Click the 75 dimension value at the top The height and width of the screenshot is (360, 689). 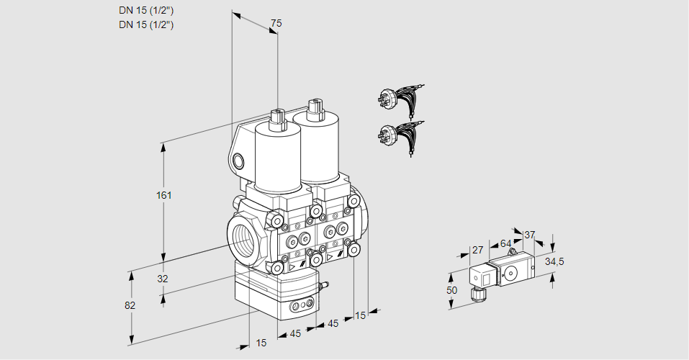click(x=275, y=24)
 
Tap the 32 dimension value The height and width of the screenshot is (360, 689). click(x=162, y=279)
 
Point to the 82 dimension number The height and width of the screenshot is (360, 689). click(x=130, y=305)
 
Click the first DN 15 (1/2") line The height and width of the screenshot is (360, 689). click(x=147, y=10)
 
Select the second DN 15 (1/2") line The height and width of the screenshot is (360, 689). click(x=147, y=24)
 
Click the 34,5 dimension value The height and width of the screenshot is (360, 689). click(x=554, y=261)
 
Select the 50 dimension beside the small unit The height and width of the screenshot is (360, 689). click(x=451, y=289)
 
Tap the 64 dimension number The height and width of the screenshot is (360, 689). click(x=505, y=243)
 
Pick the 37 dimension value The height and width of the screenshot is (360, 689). click(x=530, y=235)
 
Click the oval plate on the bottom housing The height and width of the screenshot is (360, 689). click(x=301, y=307)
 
